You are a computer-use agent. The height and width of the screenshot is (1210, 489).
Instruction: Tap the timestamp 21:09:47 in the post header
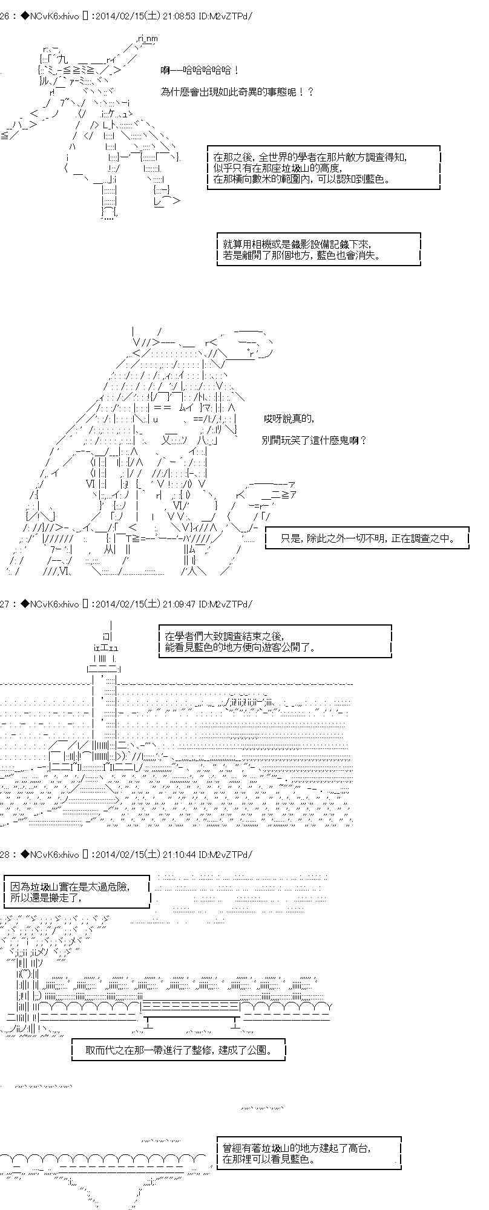181,604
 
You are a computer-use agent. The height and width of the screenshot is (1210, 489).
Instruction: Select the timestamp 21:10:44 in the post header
181,854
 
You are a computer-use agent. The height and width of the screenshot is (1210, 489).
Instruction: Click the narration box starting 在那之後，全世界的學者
323,168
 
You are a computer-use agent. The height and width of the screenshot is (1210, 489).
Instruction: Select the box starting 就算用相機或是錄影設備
318,249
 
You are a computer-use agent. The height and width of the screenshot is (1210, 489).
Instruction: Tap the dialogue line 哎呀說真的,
289,419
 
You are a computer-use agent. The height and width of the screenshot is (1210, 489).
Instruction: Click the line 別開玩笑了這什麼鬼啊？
315,440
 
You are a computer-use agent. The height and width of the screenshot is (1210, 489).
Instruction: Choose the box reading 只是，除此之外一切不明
368,537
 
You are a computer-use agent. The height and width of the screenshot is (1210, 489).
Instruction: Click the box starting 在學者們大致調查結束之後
275,641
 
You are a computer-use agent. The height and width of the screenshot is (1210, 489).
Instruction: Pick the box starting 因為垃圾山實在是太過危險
76,891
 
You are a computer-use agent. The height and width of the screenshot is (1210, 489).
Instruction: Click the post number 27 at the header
5,604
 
